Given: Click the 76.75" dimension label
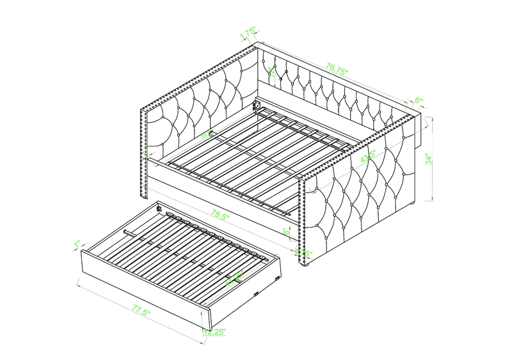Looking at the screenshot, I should point(337,67).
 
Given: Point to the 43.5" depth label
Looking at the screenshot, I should point(367,157).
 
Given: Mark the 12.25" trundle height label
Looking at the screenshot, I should point(216,332).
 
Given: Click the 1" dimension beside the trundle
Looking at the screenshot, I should point(77,244).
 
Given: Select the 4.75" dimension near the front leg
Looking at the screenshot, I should point(302,254).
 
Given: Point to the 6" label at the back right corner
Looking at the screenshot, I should point(419,100).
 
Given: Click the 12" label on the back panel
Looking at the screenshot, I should point(271,73).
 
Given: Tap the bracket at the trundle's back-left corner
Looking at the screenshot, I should point(158,207).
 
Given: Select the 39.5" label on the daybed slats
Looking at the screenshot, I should point(206,136).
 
